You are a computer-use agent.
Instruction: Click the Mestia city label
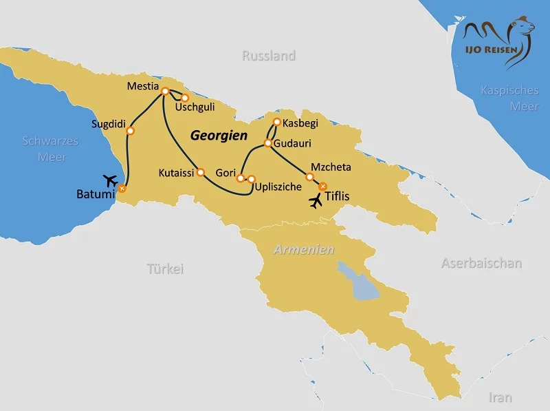(143, 87)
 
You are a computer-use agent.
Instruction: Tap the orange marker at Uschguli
(184, 98)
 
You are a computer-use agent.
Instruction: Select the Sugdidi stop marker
(130, 131)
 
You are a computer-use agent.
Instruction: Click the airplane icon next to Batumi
(109, 180)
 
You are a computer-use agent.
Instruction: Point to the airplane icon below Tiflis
(315, 202)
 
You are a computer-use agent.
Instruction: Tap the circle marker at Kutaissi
(201, 172)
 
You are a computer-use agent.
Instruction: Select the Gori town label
(225, 172)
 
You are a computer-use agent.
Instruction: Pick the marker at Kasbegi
(276, 122)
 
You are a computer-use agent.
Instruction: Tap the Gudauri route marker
(268, 143)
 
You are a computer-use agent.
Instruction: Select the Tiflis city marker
(323, 185)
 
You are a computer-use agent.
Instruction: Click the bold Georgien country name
(219, 136)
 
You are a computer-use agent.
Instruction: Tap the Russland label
(269, 56)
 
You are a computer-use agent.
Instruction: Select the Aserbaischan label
(481, 263)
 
